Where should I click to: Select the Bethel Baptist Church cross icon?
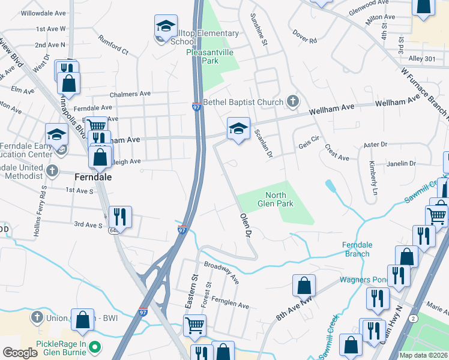point(293,101)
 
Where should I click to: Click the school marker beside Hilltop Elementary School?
point(166,28)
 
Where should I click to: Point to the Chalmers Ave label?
point(130,94)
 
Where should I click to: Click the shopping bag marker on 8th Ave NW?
point(304,285)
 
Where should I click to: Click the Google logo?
point(20,353)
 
